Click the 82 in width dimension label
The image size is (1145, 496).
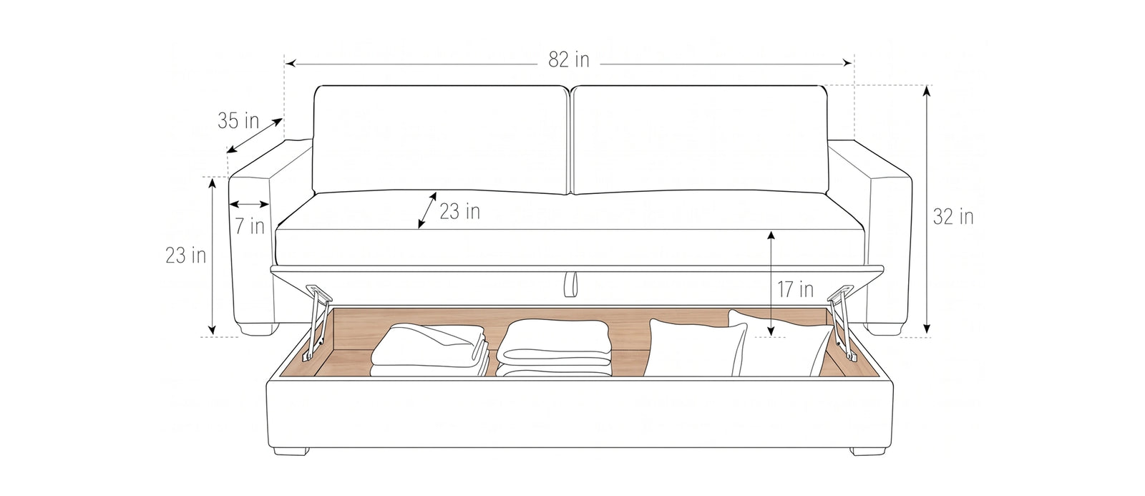tap(568, 60)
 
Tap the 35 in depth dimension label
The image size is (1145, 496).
tap(238, 121)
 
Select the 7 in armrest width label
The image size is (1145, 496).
tap(250, 226)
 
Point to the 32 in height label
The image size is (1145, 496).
tap(953, 217)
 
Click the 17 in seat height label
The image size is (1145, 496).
tap(795, 289)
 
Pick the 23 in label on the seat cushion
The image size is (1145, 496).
tap(460, 211)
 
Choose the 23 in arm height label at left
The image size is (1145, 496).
tap(185, 256)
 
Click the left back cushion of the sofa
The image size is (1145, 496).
tap(441, 140)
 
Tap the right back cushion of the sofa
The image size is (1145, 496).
tap(700, 140)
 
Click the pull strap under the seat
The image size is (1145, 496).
tap(570, 284)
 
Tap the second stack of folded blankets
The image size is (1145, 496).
tap(555, 349)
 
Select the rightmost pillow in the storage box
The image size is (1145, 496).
tap(779, 344)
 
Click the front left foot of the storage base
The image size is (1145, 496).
tap(291, 452)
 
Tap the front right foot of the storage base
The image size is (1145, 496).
tap(869, 452)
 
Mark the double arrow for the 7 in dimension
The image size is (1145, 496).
tap(249, 205)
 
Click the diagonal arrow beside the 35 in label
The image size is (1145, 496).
tap(255, 135)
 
